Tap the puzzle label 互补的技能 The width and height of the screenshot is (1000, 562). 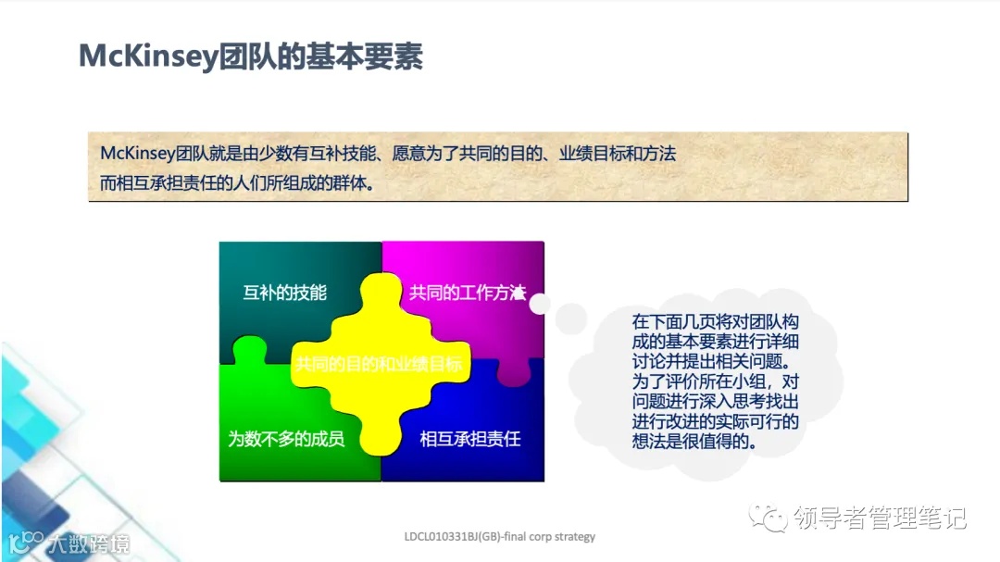(284, 293)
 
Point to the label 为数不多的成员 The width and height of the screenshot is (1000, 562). (286, 438)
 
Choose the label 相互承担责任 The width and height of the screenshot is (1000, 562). (469, 438)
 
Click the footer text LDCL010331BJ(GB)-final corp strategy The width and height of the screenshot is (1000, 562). (500, 536)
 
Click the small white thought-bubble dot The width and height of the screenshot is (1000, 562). (539, 303)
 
